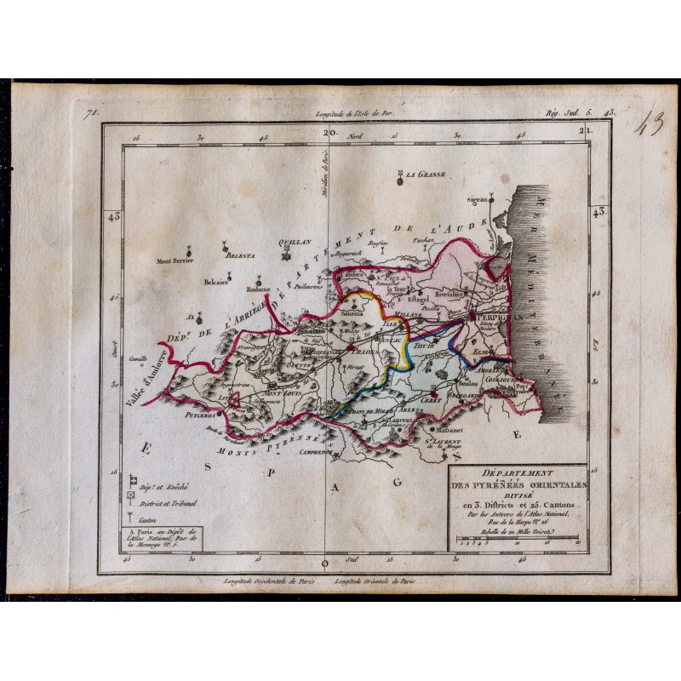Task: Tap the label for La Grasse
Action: click(x=426, y=175)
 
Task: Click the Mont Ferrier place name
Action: click(x=176, y=261)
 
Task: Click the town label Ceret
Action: click(x=415, y=395)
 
